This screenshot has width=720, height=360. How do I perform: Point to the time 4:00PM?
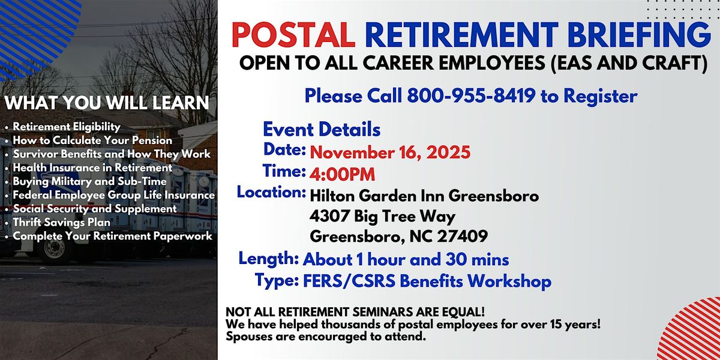[x=342, y=174]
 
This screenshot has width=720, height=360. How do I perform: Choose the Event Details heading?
[x=322, y=129]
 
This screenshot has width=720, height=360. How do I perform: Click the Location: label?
[x=271, y=193]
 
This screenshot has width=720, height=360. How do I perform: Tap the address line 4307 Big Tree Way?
[x=383, y=216]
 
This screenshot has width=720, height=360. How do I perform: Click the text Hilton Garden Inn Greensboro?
[x=424, y=196]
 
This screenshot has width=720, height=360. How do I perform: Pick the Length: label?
[x=269, y=259]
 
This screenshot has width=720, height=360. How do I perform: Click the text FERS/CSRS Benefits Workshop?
[x=427, y=281]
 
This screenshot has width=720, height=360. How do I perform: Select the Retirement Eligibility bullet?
[x=67, y=127]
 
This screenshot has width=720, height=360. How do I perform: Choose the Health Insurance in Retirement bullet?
[x=92, y=167]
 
